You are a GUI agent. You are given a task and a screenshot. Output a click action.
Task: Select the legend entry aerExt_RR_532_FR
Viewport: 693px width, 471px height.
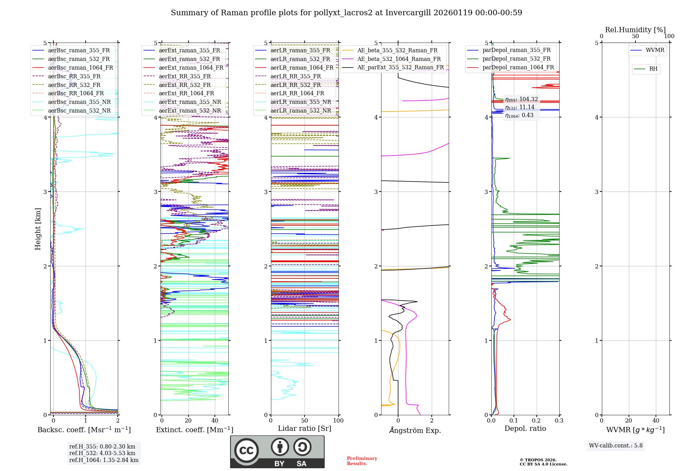(x=185, y=85)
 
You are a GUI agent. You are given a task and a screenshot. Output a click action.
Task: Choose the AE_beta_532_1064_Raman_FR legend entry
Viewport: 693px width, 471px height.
(x=399, y=59)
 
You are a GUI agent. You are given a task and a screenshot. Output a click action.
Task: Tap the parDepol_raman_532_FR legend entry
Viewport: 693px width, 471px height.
(x=516, y=59)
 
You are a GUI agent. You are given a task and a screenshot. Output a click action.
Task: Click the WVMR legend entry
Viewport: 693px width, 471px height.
(x=655, y=50)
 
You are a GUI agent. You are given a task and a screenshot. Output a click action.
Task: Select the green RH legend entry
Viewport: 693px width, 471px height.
(x=653, y=69)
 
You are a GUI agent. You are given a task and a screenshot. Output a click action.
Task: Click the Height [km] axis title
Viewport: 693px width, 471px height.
(x=38, y=229)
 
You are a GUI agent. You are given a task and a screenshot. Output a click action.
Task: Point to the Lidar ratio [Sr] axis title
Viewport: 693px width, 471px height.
(x=304, y=429)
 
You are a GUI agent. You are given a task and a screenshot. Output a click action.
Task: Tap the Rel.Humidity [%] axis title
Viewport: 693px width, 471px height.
(x=635, y=30)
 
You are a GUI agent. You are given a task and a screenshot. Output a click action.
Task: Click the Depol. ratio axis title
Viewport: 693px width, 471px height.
(x=525, y=429)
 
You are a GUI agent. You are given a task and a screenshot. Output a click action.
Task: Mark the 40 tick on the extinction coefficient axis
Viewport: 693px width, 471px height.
(x=215, y=421)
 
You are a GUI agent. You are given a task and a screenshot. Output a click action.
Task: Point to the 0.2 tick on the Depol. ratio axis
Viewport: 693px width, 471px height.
(x=536, y=421)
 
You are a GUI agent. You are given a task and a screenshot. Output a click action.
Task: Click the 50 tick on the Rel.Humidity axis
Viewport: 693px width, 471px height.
(x=635, y=36)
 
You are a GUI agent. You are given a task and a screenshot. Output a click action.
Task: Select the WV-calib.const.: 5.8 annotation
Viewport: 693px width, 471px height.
(x=615, y=446)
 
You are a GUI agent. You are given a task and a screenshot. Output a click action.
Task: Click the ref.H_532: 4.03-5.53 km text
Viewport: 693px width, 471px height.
(x=102, y=453)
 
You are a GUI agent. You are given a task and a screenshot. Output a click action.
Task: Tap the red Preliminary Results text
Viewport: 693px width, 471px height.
(x=362, y=461)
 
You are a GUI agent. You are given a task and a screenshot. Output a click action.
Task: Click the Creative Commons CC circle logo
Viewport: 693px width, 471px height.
(x=246, y=451)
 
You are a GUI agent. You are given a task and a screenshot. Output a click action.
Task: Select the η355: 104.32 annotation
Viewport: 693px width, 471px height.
(x=521, y=99)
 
